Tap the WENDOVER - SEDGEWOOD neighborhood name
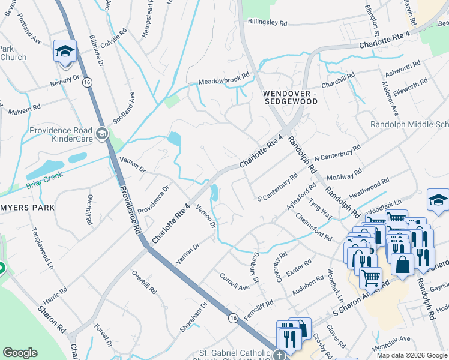coord(290,98)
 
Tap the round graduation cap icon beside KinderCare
coord(101,133)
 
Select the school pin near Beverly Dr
coord(65,52)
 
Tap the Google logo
coord(20,353)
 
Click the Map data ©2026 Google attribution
coord(412,355)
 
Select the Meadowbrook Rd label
coord(223,80)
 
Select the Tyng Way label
coord(320,204)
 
